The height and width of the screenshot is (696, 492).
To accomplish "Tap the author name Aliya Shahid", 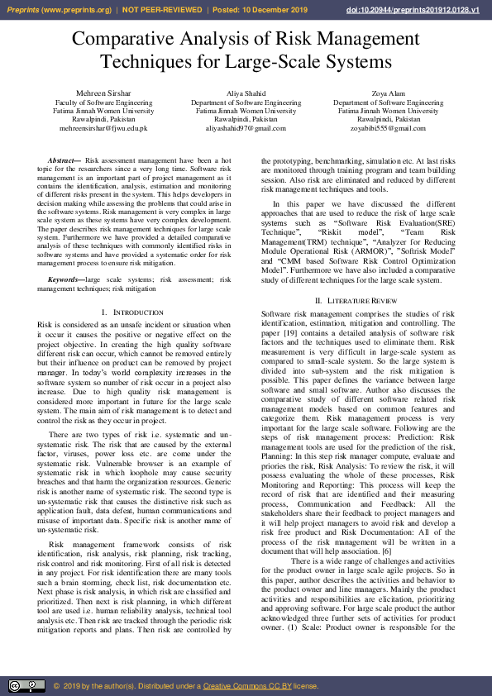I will [x=246, y=93].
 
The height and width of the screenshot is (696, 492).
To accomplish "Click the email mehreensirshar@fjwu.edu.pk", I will [x=97, y=128].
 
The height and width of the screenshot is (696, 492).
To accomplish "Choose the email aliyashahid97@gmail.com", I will [x=246, y=128].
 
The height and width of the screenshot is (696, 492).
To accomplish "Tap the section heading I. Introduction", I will [x=132, y=312].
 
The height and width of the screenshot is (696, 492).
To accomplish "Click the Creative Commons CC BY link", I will [x=247, y=685].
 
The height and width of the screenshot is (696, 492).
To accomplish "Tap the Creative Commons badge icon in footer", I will [x=26, y=685].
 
